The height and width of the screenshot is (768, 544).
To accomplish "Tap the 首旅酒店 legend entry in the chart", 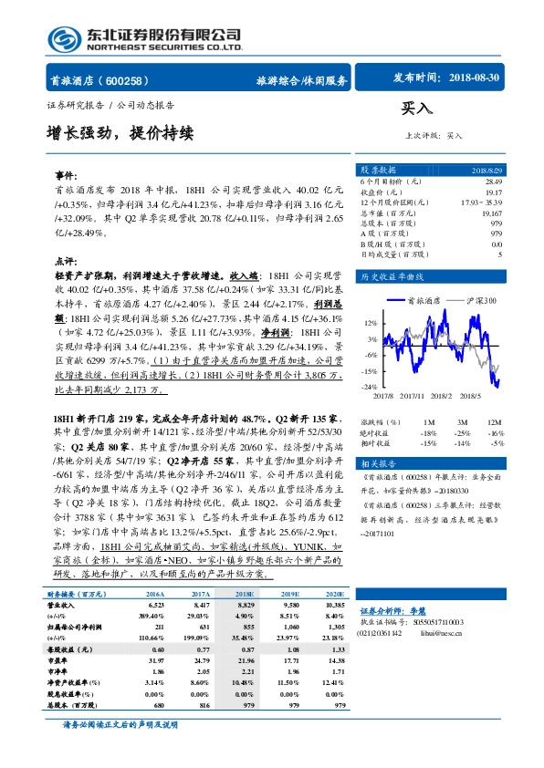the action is tap(427, 299).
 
